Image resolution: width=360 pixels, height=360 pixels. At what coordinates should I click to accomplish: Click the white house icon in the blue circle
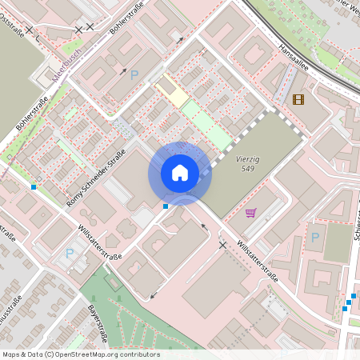[179, 172]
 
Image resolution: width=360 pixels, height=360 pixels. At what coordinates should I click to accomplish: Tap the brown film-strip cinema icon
[298, 99]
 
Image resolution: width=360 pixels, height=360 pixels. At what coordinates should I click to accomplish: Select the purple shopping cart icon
[251, 213]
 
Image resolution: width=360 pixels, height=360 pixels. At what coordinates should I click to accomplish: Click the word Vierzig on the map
[249, 159]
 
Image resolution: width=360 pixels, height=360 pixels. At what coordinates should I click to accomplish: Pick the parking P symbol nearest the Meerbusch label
[134, 74]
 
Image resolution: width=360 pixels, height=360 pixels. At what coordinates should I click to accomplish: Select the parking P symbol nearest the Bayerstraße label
[70, 253]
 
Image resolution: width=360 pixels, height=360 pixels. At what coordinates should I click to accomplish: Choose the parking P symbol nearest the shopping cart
[314, 237]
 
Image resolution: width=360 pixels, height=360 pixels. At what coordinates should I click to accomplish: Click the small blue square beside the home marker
[166, 206]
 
